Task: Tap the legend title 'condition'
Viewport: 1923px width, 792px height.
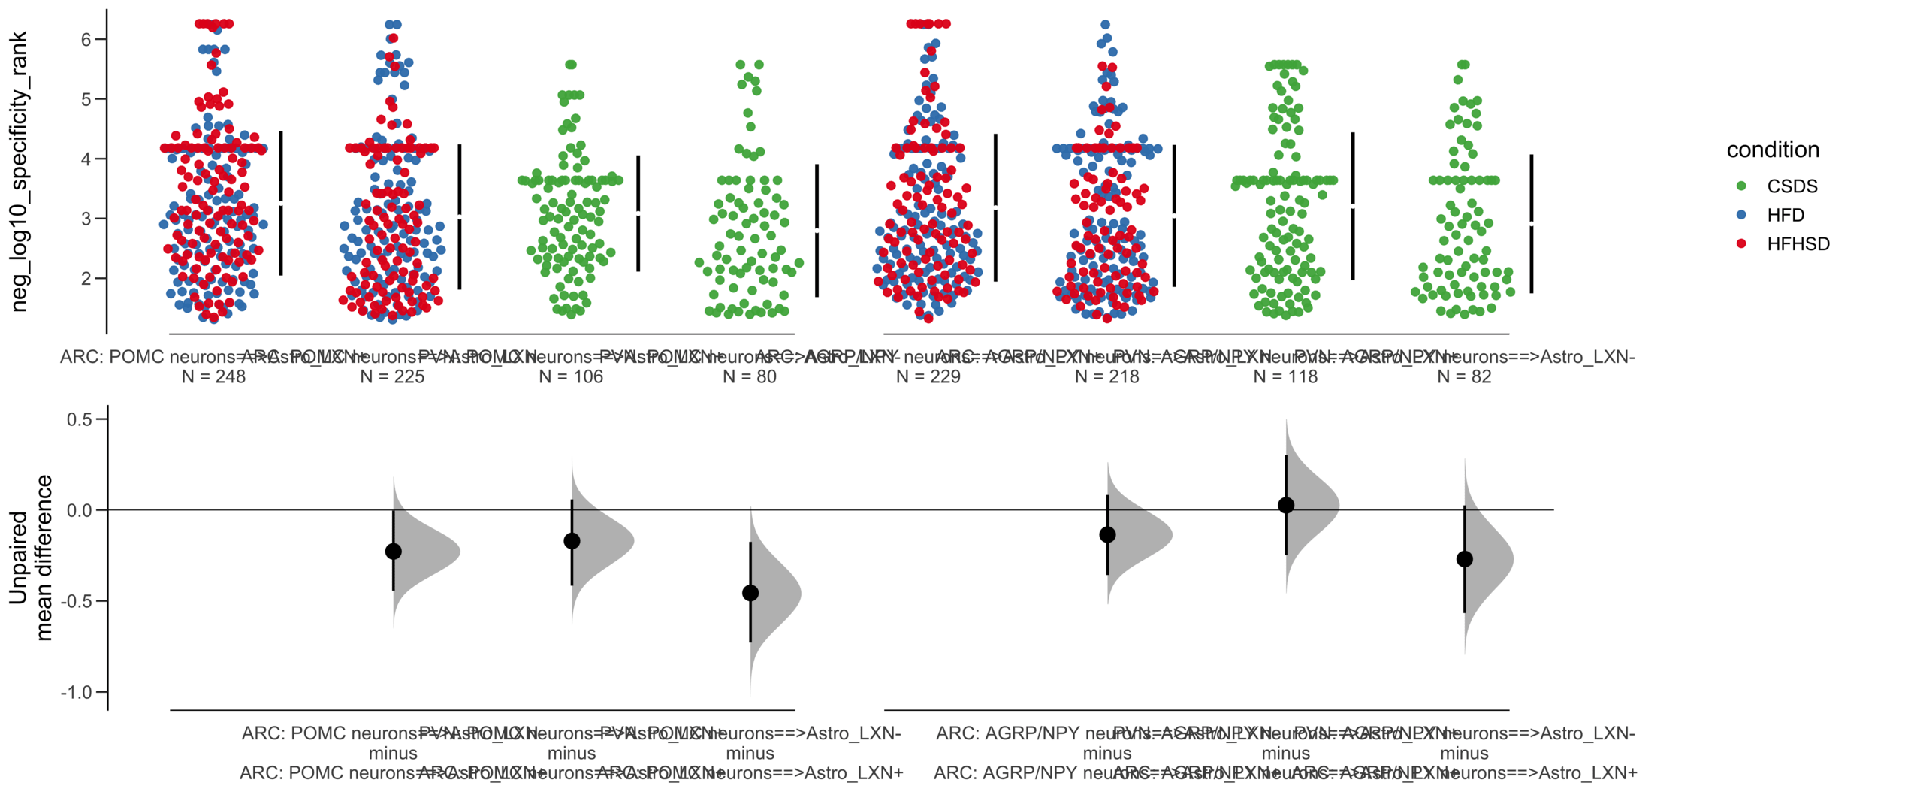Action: coord(1772,150)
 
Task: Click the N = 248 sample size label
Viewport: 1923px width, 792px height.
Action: coord(213,376)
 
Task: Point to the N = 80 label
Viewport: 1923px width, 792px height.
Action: coord(749,376)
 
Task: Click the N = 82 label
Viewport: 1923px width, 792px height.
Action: coord(1463,376)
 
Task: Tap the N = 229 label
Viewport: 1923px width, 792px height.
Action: coord(928,376)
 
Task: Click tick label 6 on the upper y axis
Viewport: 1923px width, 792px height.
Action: coord(86,39)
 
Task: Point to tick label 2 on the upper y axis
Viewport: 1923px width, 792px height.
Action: coord(86,278)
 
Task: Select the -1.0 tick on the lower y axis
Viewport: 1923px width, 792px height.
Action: coord(76,692)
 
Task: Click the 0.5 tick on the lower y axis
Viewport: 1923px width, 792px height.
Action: coord(80,419)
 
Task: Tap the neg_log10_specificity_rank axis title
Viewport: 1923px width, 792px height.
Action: coord(20,171)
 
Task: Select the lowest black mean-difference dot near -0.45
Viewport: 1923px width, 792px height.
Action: coord(750,593)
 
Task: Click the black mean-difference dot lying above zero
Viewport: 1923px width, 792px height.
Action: coord(1285,505)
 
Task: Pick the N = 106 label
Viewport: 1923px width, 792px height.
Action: coord(571,376)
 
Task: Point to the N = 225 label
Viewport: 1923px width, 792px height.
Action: coord(392,376)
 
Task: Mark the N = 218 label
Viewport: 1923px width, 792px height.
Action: coord(1106,376)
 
